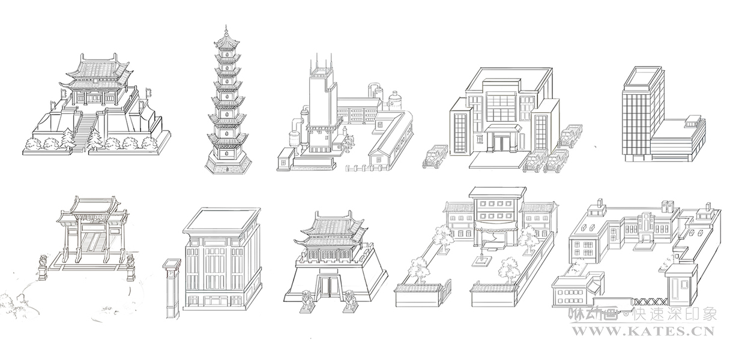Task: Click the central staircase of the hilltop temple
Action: pyautogui.click(x=85, y=128)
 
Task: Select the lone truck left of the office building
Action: pyautogui.click(x=434, y=157)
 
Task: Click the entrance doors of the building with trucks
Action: pyautogui.click(x=500, y=142)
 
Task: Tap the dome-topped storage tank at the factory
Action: pyautogui.click(x=395, y=100)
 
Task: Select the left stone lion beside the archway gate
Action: pyautogui.click(x=43, y=267)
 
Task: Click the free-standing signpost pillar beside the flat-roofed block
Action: pyautogui.click(x=172, y=288)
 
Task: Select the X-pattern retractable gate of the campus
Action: pyautogui.click(x=648, y=299)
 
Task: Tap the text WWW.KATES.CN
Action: pyautogui.click(x=642, y=330)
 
